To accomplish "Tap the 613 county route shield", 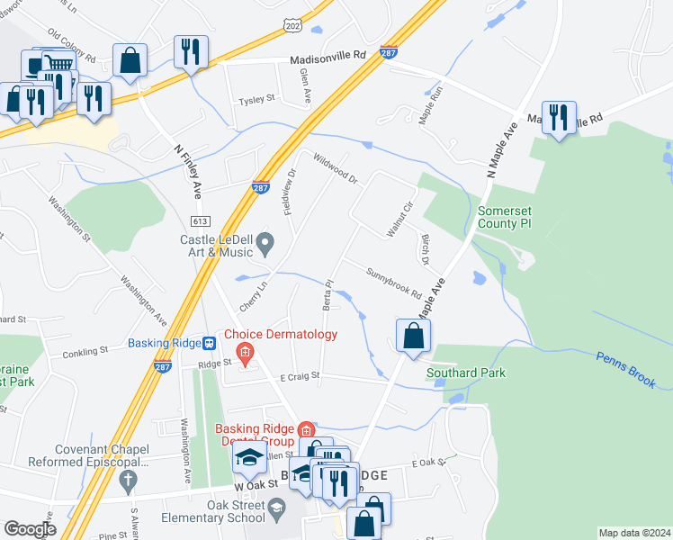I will click(x=200, y=221).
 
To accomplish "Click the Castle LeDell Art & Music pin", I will click(x=265, y=241).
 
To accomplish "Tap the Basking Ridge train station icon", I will click(x=209, y=343).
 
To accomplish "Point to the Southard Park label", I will click(x=467, y=373).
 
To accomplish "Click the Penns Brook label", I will click(x=627, y=369).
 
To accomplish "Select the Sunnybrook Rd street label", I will click(x=393, y=283).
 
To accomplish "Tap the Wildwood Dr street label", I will click(x=336, y=168).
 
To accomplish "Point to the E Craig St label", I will click(x=300, y=376).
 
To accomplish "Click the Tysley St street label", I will click(x=256, y=102).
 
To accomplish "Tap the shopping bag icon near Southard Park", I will click(x=412, y=337).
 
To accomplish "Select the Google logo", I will click(x=29, y=529).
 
